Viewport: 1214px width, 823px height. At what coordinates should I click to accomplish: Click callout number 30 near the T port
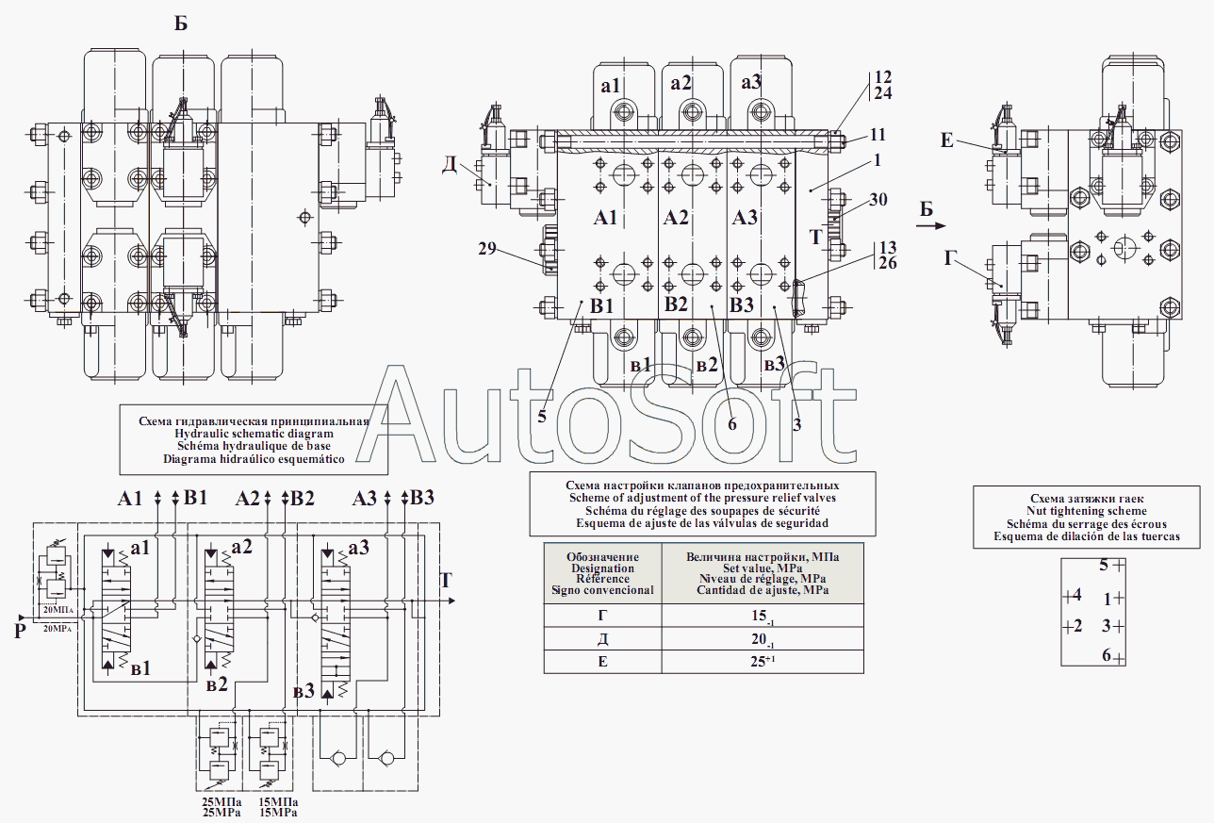point(878,200)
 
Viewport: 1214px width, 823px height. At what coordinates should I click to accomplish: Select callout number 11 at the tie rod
point(878,134)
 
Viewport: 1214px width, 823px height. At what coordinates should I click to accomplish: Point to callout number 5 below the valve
point(542,416)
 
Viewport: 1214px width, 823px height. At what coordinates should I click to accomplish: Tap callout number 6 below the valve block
point(731,424)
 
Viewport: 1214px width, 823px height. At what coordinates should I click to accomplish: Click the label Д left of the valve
point(450,164)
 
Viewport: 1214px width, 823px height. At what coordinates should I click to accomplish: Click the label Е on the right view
point(947,141)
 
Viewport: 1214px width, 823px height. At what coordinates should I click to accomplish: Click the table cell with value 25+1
point(762,662)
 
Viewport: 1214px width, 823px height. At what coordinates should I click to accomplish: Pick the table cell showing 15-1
point(762,617)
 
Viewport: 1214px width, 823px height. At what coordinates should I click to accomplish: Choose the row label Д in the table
point(603,639)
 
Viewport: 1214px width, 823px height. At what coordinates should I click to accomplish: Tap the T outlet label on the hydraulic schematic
point(447,579)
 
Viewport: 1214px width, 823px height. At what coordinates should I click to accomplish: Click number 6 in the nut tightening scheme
point(1107,656)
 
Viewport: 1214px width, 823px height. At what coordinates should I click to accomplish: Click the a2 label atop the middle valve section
point(682,83)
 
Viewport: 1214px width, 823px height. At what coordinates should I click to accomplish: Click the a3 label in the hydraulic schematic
point(358,548)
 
